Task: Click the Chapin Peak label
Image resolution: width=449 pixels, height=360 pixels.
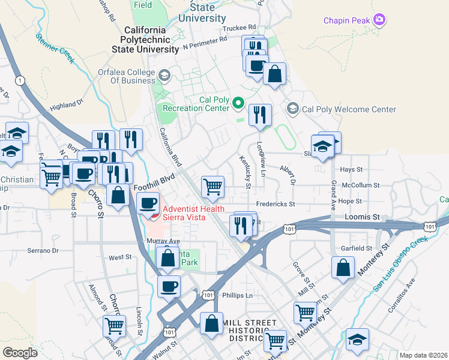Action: pos(347,21)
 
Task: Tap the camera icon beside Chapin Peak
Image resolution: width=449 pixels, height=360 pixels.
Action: pos(379,21)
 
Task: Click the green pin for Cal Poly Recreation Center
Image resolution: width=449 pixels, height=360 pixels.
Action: pos(238,104)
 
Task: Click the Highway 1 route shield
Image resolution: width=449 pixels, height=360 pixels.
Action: pos(20,80)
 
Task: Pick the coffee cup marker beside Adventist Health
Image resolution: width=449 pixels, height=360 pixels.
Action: pos(148,203)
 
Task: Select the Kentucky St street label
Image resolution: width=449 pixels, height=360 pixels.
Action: pos(245,170)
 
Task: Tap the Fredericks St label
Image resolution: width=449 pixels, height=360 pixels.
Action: pos(276,204)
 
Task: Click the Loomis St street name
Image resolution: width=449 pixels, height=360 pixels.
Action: pos(363,216)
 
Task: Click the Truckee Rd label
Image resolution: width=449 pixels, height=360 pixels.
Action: pos(239,28)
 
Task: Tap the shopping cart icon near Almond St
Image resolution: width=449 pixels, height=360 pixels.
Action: pos(113,326)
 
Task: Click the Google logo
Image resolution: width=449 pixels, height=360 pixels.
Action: pos(20,352)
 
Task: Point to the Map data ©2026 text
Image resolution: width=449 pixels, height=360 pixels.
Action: pos(423,355)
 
